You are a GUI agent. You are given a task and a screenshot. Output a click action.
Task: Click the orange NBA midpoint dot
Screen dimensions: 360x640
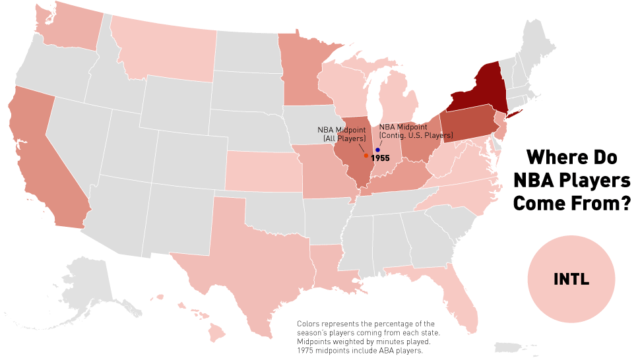[366, 156]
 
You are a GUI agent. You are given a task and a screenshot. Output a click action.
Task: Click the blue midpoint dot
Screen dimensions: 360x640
[377, 150]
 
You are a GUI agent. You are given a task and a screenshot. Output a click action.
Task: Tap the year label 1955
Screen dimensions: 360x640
[381, 159]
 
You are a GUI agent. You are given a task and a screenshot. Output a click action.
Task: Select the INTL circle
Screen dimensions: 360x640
[571, 280]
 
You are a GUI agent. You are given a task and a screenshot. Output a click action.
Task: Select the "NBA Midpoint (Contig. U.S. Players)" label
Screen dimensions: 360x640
[416, 131]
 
